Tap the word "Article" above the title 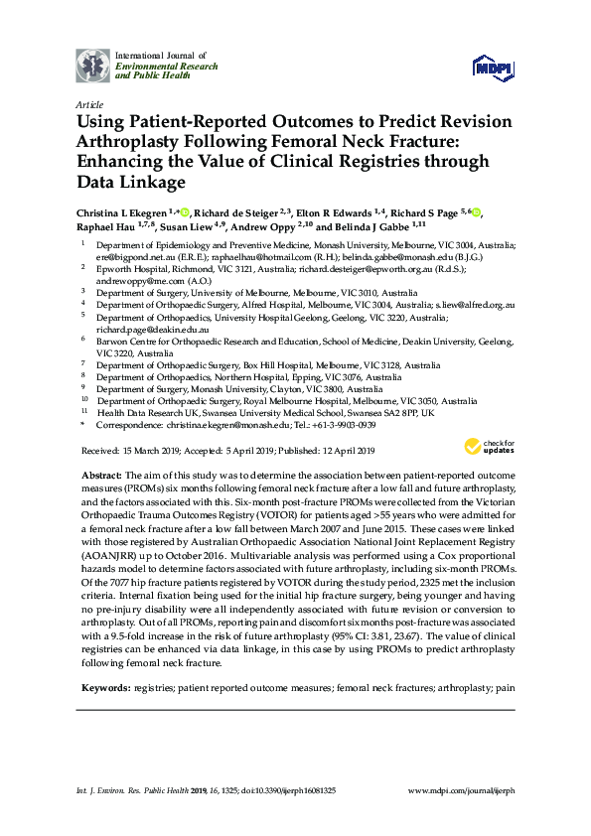pyautogui.click(x=89, y=104)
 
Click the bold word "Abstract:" pyautogui.click(x=101, y=478)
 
